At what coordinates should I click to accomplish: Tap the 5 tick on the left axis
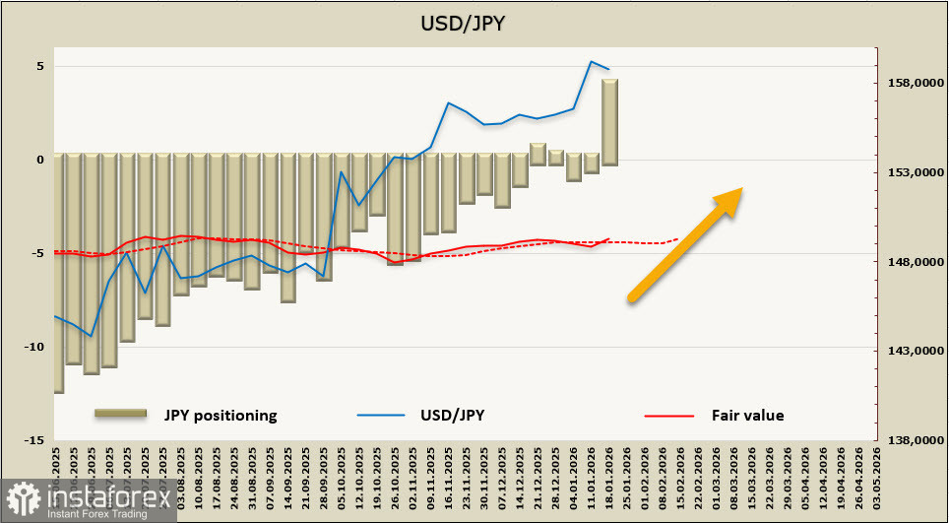point(41,66)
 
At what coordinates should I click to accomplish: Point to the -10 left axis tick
point(35,347)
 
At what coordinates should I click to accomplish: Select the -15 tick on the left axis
point(35,439)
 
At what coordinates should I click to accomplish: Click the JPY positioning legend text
point(221,415)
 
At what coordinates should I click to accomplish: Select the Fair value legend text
point(747,415)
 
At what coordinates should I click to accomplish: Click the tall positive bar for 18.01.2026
point(610,122)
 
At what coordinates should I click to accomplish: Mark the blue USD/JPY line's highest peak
point(592,62)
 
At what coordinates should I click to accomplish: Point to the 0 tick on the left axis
point(41,160)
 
